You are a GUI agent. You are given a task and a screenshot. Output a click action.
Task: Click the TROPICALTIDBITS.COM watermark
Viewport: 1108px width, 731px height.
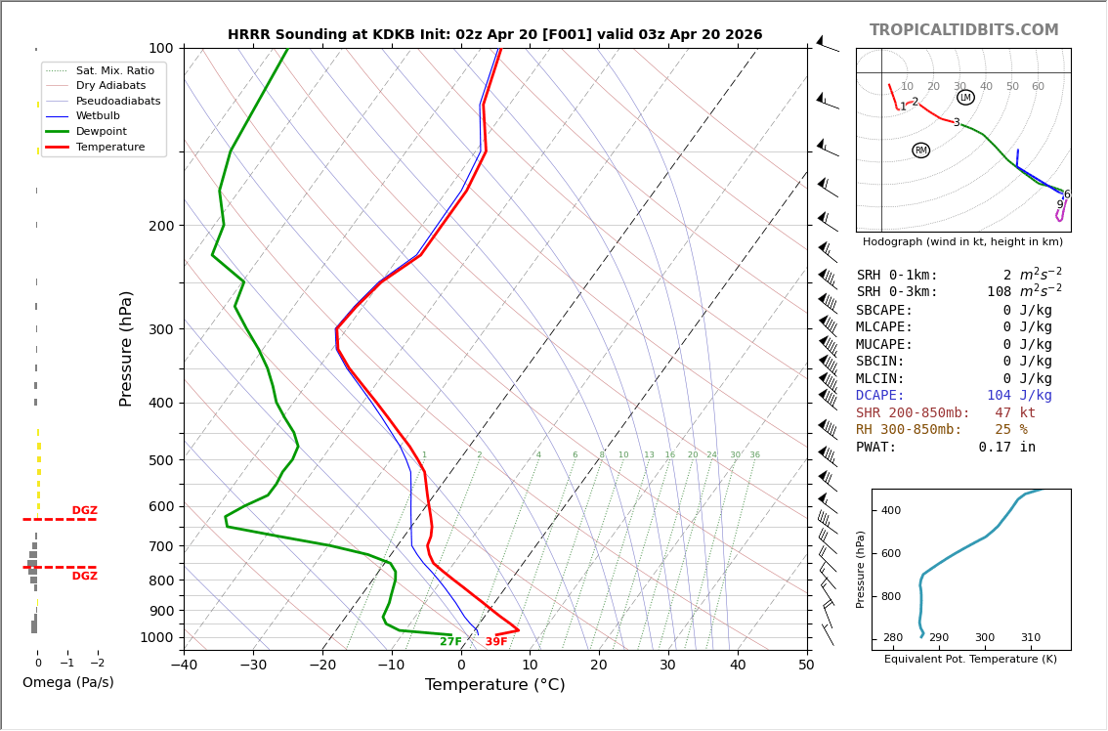[963, 30]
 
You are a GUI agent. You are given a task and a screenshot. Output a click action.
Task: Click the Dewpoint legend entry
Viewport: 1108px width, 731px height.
[101, 131]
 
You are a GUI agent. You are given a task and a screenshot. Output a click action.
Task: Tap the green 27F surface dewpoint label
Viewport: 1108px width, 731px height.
[450, 642]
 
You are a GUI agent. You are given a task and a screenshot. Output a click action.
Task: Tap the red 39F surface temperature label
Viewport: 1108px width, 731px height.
[496, 642]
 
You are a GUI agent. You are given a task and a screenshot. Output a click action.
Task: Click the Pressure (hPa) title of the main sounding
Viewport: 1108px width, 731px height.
[126, 348]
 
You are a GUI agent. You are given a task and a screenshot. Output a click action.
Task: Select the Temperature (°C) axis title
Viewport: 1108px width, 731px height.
[494, 685]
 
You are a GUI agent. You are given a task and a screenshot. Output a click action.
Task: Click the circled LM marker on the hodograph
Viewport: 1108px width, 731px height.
[965, 98]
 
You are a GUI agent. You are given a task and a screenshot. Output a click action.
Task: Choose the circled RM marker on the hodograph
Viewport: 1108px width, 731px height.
[920, 150]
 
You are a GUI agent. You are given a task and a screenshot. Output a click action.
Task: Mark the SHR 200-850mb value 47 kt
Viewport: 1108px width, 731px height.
[1015, 413]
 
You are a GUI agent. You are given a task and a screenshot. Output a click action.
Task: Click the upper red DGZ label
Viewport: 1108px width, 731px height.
[85, 511]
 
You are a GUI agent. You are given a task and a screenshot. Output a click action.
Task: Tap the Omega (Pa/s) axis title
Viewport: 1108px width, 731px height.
[68, 683]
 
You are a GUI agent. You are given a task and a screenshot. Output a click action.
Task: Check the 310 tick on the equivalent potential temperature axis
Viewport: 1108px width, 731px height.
[1031, 638]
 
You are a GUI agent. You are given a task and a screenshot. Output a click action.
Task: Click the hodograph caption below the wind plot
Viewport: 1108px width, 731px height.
[962, 241]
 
